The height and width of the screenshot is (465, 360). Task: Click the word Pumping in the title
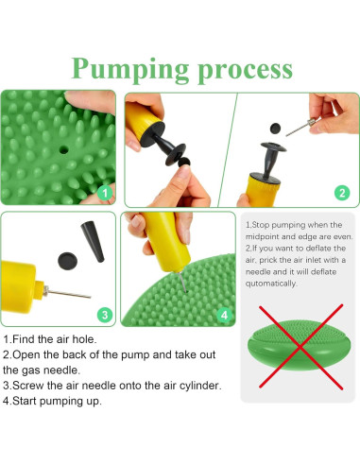(x=130, y=70)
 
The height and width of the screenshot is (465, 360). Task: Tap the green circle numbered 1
(x=105, y=193)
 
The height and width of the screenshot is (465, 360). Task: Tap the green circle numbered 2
(x=342, y=193)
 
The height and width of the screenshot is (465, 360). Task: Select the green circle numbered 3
(x=105, y=315)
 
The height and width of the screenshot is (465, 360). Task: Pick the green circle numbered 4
(x=224, y=315)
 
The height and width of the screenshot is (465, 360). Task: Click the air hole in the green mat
(x=64, y=149)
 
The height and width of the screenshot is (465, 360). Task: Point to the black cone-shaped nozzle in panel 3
(x=93, y=242)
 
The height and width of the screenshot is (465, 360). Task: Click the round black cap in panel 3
(x=67, y=261)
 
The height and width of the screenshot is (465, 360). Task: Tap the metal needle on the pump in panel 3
(x=67, y=294)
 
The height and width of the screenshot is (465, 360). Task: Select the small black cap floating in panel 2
(x=275, y=129)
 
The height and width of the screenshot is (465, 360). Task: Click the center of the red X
(x=300, y=347)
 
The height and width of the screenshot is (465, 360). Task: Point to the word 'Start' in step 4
(x=25, y=401)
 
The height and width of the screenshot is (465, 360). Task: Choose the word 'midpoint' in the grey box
(x=260, y=237)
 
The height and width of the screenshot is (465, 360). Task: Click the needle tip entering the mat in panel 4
(x=186, y=291)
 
